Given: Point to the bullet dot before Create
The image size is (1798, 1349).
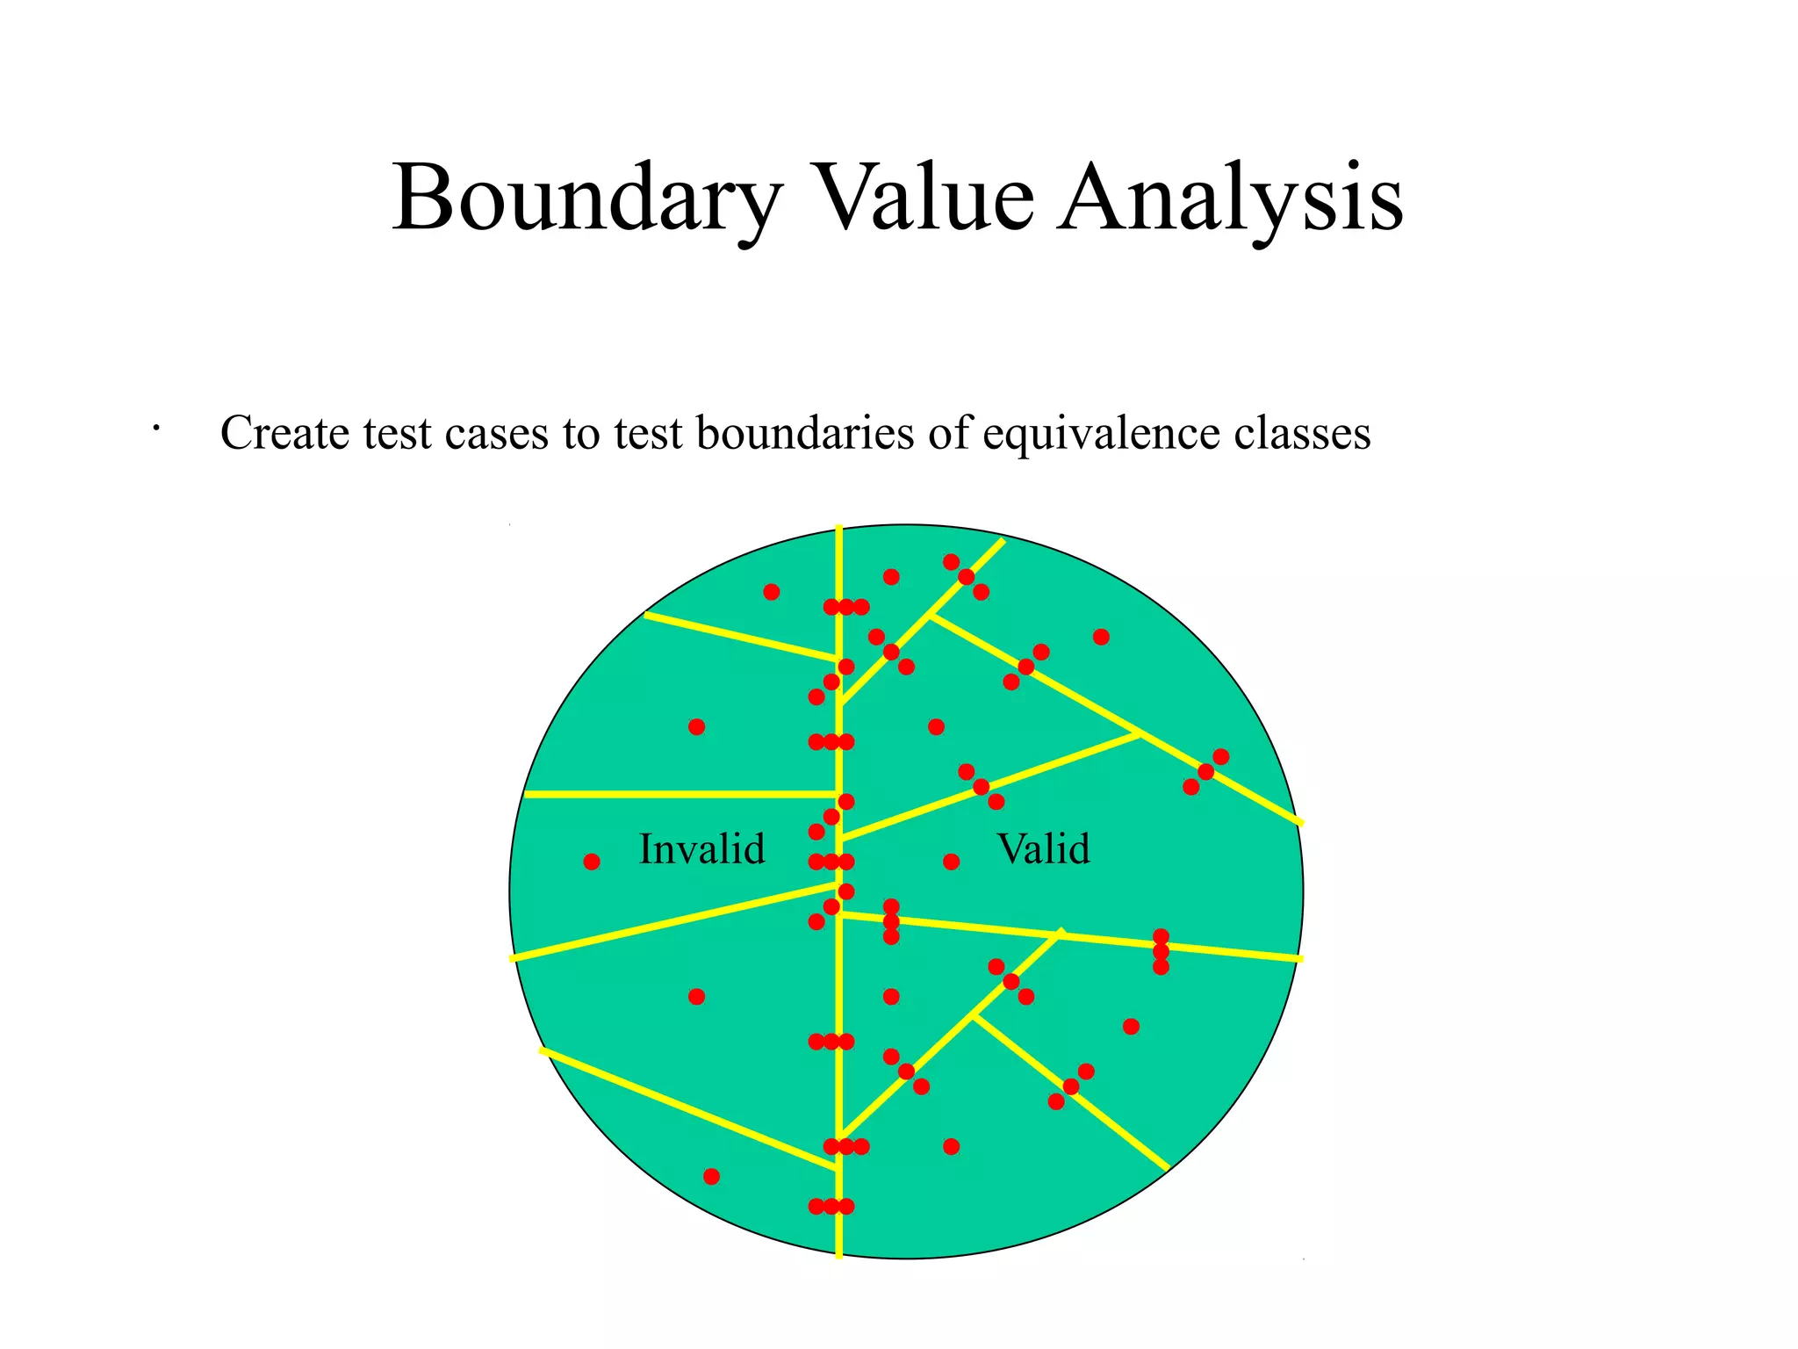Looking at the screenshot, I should pos(155,429).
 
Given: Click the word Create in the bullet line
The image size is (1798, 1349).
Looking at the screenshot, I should pos(284,433).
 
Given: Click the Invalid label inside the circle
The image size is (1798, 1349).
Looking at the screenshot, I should pos(702,849).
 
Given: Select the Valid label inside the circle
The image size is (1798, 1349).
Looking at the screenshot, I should pos(1044,849).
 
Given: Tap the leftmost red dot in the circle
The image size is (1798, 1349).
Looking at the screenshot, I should pos(592,862).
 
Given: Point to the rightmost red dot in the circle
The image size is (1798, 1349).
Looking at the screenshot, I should pos(1220,757).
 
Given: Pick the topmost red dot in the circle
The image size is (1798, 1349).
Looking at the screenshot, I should pos(951,561).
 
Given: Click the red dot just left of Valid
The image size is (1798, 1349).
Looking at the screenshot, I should pos(951,862).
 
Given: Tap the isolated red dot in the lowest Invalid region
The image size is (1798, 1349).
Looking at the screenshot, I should pos(712,1176).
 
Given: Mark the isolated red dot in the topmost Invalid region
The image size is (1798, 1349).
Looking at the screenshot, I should pos(772,592).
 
